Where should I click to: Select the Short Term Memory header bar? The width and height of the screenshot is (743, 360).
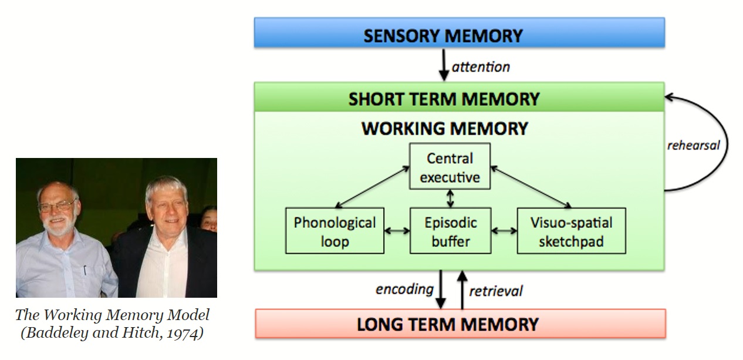tap(459, 97)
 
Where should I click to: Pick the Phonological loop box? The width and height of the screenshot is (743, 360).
tap(335, 231)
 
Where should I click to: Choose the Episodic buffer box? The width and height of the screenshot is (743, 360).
tap(451, 231)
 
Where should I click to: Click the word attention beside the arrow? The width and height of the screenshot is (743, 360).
tap(481, 67)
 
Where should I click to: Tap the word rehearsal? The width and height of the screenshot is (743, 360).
tap(693, 145)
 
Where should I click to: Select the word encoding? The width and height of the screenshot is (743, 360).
tap(404, 288)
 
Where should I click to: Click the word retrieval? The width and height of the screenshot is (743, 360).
tap(496, 290)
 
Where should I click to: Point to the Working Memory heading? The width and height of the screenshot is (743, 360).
tap(444, 128)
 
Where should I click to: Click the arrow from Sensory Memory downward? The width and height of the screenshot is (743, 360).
tap(444, 66)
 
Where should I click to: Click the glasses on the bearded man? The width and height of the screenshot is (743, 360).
tap(57, 206)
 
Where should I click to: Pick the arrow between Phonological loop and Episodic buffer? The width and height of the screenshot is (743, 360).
tap(397, 231)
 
